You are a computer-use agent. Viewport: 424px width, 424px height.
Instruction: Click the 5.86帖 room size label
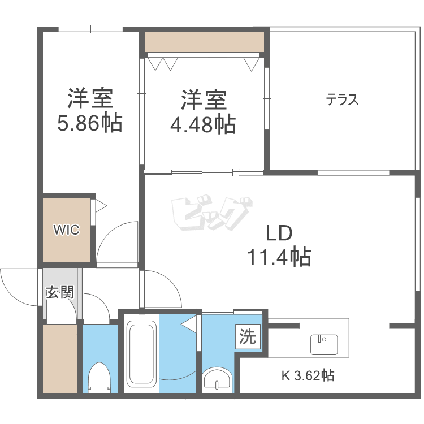pos(90,123)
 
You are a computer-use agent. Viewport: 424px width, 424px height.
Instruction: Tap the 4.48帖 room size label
pos(203,125)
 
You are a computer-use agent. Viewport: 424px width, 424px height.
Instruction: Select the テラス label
pos(343,99)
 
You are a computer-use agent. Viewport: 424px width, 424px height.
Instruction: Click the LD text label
pos(279,233)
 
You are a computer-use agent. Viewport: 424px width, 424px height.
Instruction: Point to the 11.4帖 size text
pos(279,257)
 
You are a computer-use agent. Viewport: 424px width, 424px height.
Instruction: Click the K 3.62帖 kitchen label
pos(308,375)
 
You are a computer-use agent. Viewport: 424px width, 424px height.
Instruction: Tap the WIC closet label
pos(66,230)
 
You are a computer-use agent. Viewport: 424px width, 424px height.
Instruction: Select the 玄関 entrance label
pos(60,292)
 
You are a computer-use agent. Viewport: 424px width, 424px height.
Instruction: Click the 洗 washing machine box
pos(248,337)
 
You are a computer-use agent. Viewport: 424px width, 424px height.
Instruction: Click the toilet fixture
pos(99,378)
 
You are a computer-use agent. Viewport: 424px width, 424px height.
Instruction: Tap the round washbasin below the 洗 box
pos(217,380)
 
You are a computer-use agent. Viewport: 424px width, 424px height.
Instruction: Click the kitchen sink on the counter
pos(324,344)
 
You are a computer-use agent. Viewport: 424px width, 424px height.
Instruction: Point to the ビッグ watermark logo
pos(212,214)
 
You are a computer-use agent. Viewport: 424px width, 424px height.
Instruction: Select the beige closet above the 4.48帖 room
pos(204,42)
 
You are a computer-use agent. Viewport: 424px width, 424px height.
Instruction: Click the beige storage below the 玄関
pos(60,359)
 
